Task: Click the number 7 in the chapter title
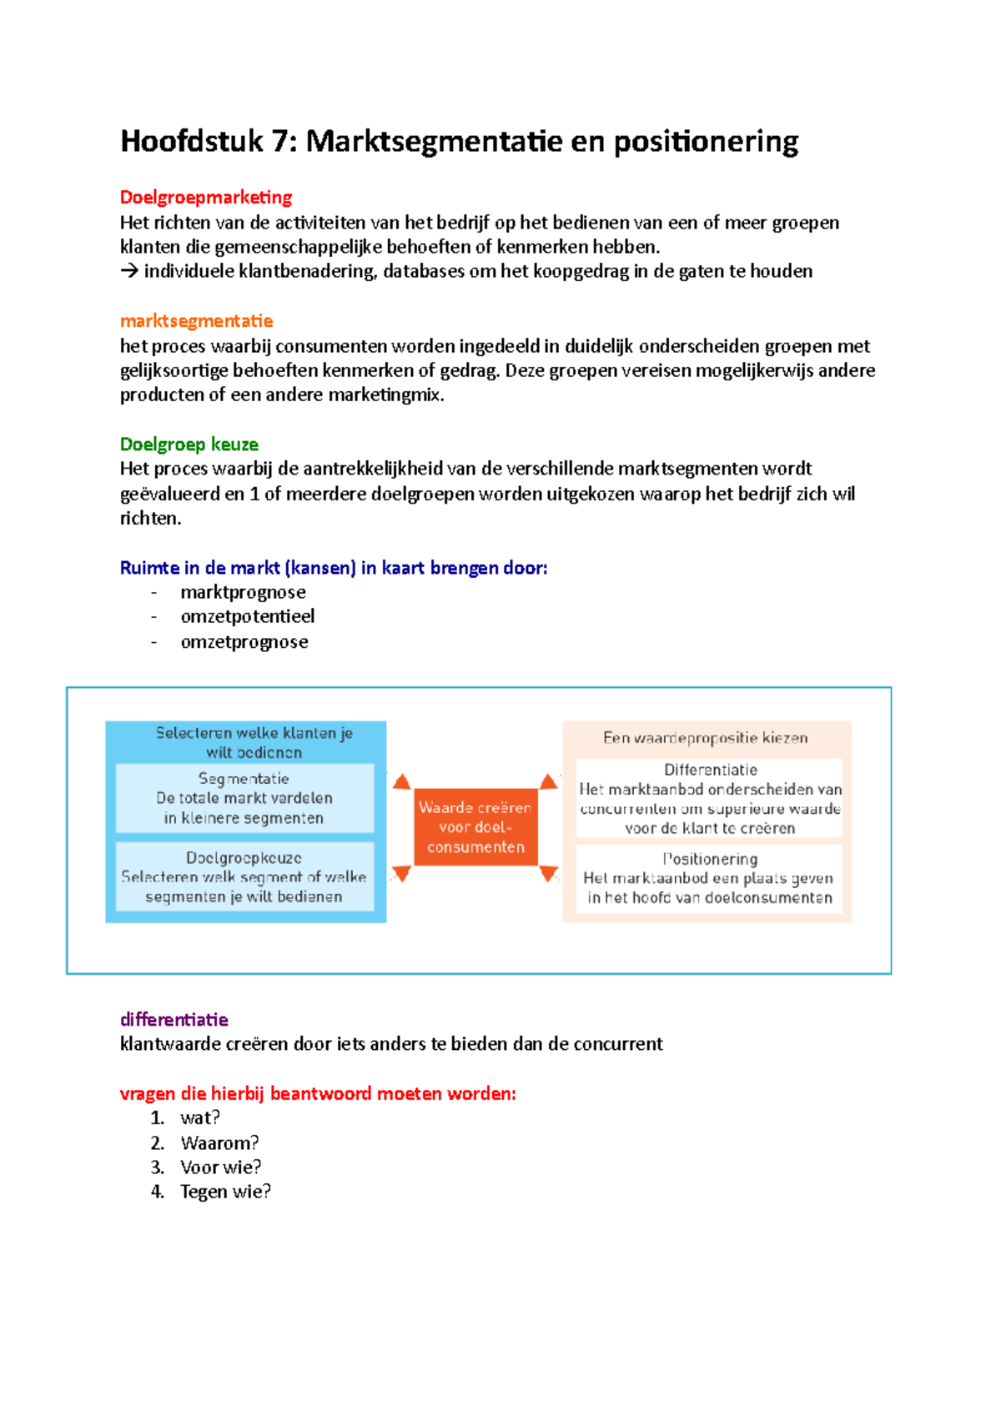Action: (x=279, y=142)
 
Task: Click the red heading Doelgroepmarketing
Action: (x=206, y=198)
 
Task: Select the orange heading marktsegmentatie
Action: (x=196, y=321)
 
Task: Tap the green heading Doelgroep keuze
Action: (x=189, y=444)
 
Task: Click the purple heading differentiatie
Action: (x=174, y=1020)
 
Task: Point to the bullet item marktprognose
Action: (x=243, y=592)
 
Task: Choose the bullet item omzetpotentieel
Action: (x=248, y=616)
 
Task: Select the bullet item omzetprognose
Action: (x=244, y=642)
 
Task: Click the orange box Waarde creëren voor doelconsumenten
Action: (x=475, y=827)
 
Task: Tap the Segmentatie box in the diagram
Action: (x=244, y=798)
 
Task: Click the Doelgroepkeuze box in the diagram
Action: (x=244, y=876)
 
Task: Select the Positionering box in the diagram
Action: (x=709, y=879)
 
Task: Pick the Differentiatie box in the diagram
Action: (x=709, y=798)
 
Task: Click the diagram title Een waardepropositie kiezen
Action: (x=706, y=738)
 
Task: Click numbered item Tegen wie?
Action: (x=225, y=1192)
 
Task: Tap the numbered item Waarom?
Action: (x=219, y=1143)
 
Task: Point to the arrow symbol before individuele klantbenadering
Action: (x=128, y=272)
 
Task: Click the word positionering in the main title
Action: (x=706, y=142)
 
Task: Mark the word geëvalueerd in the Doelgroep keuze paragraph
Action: (x=170, y=495)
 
